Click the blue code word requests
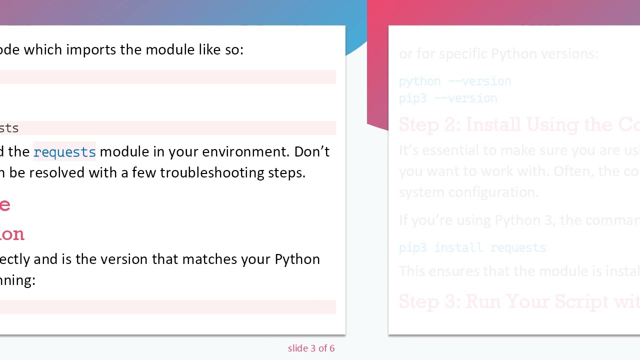64,152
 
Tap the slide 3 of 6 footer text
311,348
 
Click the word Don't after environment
311,151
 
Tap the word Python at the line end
297,259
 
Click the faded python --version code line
455,81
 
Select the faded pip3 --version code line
448,98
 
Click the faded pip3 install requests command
472,247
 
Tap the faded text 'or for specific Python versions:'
498,53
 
